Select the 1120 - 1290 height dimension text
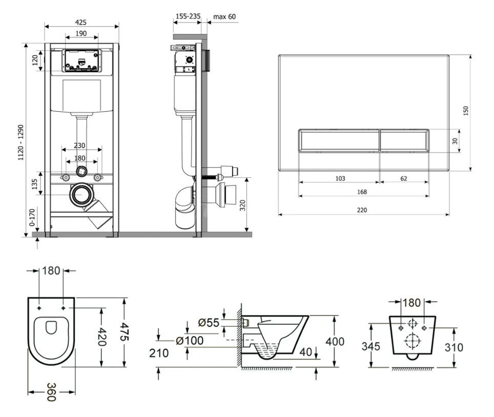coord(21,142)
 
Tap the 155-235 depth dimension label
coord(188,16)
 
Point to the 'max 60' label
coord(224,17)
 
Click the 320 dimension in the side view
coord(242,205)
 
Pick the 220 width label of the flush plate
coord(362,210)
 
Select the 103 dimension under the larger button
coord(340,179)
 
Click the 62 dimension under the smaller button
coord(404,179)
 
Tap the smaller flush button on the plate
coord(404,140)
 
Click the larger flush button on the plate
coord(339,140)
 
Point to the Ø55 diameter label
coord(209,323)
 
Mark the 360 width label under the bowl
coord(51,392)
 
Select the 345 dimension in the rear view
coord(371,346)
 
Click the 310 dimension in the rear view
coord(454,347)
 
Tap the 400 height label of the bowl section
coord(335,341)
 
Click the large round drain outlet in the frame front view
coord(81,195)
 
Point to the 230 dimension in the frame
coord(79,145)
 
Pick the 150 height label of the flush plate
coord(466,111)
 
